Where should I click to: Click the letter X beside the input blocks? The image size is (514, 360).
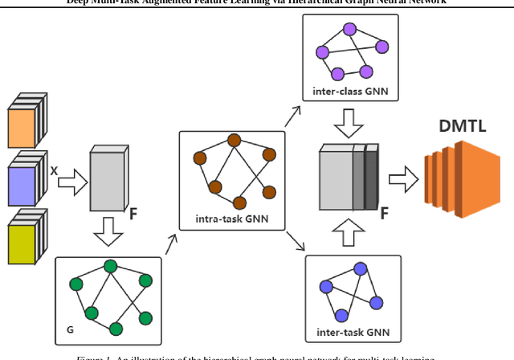pyautogui.click(x=54, y=171)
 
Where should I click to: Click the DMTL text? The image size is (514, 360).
pyautogui.click(x=463, y=127)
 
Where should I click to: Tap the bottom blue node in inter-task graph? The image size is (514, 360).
pyautogui.click(x=341, y=314)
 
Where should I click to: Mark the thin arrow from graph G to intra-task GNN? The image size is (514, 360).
pyautogui.click(x=171, y=243)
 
